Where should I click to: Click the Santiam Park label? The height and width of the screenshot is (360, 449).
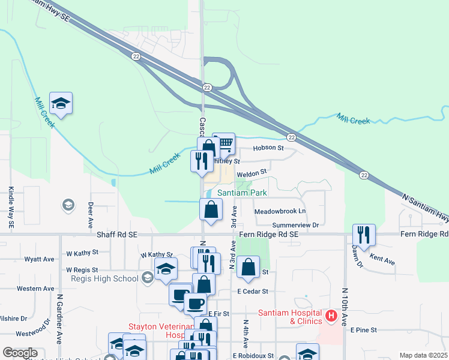tap(242, 193)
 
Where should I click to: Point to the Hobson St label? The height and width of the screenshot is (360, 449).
tap(268, 148)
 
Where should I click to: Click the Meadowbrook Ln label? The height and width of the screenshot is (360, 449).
tap(280, 212)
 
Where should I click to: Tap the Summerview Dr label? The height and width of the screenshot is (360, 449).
tap(294, 225)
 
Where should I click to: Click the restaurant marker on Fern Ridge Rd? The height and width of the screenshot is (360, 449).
tap(364, 233)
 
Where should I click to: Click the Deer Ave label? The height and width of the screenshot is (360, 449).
tap(91, 211)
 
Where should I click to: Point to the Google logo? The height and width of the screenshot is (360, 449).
tap(20, 353)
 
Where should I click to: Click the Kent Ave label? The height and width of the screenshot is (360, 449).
tap(382, 260)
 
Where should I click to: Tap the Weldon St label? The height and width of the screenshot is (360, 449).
tap(252, 173)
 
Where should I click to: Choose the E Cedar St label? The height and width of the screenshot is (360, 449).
tap(252, 291)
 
